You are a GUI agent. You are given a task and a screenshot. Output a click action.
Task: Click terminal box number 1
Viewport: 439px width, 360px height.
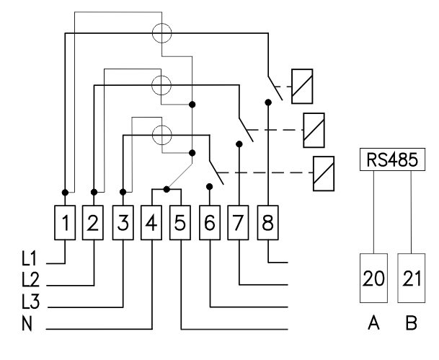(65, 223)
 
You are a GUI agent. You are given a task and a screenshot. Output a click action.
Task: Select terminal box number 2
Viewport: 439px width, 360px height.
(93, 223)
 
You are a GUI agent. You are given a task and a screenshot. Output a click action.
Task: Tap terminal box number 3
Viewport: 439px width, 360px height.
(123, 223)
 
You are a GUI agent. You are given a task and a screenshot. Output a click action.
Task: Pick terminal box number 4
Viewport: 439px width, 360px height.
(151, 223)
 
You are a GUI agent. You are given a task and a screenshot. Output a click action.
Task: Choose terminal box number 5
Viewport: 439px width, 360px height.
(180, 223)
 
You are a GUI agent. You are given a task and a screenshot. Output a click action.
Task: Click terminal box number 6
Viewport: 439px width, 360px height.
(210, 223)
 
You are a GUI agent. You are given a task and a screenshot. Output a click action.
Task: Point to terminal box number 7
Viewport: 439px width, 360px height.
(238, 223)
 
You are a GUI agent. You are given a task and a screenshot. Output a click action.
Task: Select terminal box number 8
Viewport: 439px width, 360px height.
(267, 223)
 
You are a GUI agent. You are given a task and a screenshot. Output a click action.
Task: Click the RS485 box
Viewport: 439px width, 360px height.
(392, 159)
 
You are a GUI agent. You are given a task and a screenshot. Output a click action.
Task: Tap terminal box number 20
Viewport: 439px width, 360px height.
(373, 278)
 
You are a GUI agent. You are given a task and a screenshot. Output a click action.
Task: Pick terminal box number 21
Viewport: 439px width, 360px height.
(412, 278)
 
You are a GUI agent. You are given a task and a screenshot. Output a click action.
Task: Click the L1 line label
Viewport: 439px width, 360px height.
(29, 258)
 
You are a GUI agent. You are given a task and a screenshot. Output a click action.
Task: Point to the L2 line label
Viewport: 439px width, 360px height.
(30, 280)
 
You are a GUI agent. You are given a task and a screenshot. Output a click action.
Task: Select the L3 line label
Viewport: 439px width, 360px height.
(30, 302)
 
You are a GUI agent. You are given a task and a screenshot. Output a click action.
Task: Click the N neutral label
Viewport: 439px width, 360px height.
(27, 324)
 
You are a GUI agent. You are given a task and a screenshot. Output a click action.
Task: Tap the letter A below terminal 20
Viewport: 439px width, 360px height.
(373, 322)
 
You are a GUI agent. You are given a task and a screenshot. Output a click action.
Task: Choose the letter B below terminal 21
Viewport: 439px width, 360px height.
(411, 322)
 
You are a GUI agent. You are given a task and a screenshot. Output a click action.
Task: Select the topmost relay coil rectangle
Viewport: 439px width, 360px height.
(302, 87)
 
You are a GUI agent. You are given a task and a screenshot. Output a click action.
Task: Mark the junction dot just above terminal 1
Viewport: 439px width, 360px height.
(65, 193)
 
